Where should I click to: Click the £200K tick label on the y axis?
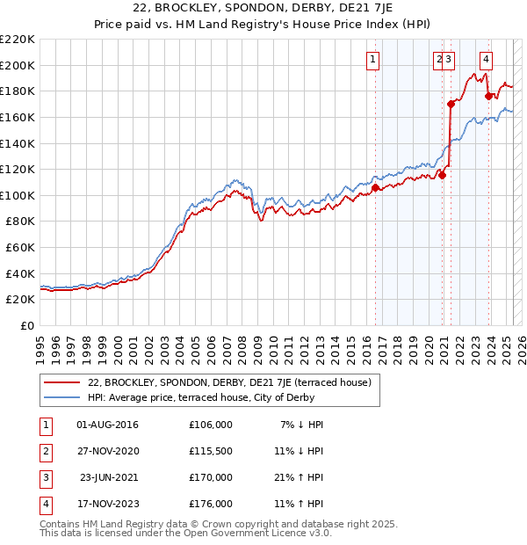point(18,65)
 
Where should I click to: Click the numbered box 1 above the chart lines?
point(372,60)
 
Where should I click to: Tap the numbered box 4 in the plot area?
point(486,60)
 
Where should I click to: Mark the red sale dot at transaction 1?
point(375,187)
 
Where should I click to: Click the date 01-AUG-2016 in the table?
point(108,425)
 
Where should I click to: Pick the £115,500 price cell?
point(211,451)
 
